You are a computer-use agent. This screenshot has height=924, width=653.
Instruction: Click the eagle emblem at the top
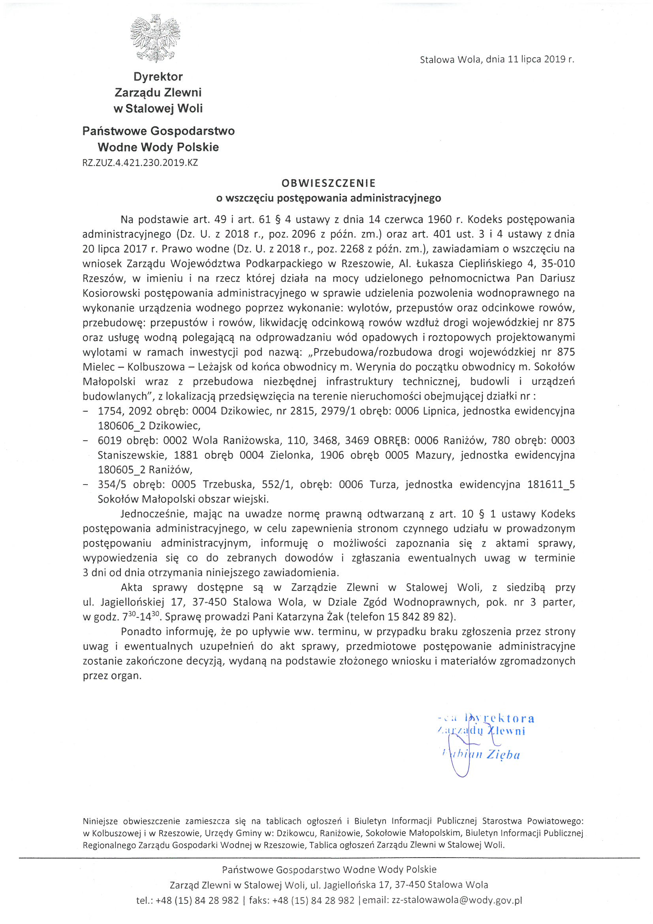coord(155,39)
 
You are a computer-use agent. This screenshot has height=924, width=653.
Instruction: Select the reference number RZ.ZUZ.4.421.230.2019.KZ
coord(140,162)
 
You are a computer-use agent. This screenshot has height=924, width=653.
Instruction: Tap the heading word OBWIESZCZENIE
coord(328,183)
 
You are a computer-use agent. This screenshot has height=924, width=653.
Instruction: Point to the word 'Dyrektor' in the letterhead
coord(158,76)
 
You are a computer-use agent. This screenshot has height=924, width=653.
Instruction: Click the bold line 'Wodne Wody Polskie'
coord(158,147)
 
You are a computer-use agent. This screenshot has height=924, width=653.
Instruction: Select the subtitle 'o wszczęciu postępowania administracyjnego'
coord(328,198)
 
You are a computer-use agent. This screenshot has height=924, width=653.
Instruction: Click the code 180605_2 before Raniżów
coord(122,470)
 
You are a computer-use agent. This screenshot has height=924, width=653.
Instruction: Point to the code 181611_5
coord(551,485)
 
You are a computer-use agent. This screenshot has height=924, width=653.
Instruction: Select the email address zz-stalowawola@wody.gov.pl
coord(457,900)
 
